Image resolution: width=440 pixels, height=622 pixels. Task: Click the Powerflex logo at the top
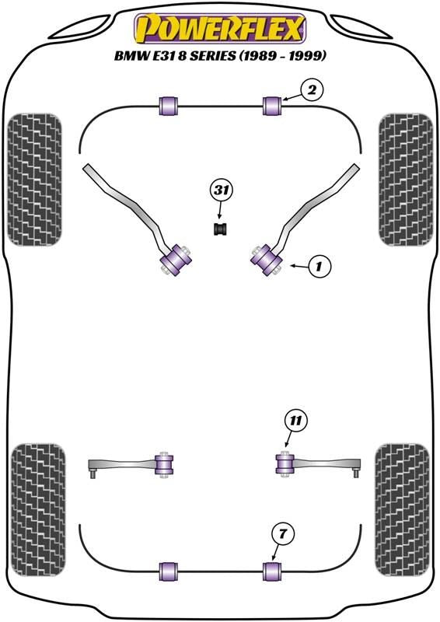[220, 29]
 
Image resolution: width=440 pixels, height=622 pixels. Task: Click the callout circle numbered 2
[312, 90]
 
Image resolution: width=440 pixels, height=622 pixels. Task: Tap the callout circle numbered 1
[318, 266]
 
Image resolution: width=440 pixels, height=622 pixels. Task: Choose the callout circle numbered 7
[282, 534]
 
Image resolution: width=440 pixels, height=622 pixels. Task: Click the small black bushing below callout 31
[220, 229]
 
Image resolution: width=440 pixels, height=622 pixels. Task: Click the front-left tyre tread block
[34, 180]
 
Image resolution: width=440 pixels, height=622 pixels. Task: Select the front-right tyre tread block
[406, 180]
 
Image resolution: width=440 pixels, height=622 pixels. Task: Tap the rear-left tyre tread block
[38, 510]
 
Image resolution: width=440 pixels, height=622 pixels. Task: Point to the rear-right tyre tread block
[402, 510]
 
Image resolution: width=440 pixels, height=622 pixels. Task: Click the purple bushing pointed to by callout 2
[272, 106]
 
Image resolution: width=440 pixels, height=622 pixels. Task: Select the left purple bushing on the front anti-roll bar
[169, 106]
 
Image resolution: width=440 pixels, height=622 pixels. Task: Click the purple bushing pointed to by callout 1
[266, 260]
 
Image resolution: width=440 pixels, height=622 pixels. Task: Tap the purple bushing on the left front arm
[175, 260]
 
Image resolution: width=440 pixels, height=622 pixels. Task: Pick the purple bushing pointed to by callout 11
[284, 464]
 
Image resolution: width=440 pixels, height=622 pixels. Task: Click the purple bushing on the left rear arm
[164, 464]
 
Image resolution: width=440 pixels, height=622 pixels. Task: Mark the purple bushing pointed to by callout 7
[272, 571]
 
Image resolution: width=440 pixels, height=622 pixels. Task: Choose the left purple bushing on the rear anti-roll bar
[169, 571]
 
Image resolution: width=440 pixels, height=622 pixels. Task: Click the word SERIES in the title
[212, 55]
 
